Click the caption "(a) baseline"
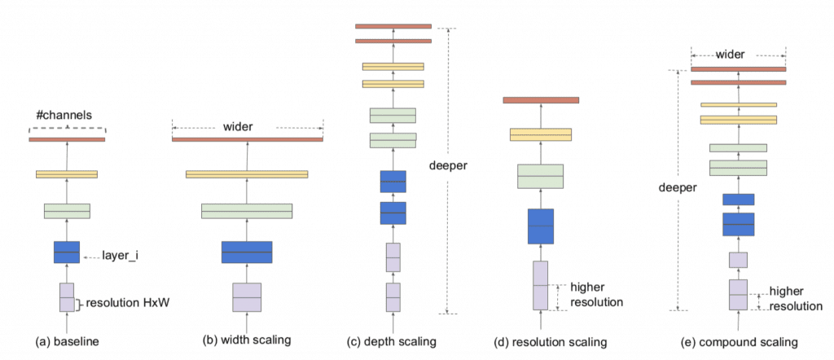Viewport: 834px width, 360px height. pyautogui.click(x=67, y=340)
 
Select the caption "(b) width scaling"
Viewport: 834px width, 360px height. pyautogui.click(x=248, y=340)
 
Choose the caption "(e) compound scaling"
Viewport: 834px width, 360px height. pyautogui.click(x=740, y=342)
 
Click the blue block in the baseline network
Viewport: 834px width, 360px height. pyautogui.click(x=67, y=252)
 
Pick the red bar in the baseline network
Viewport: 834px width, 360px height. pyautogui.click(x=67, y=139)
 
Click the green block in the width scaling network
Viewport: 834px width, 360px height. pyautogui.click(x=248, y=211)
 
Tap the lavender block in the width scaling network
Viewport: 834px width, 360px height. pyautogui.click(x=248, y=297)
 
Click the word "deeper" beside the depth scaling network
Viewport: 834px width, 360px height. pyautogui.click(x=448, y=165)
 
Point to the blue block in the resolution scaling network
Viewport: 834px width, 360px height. pyautogui.click(x=541, y=226)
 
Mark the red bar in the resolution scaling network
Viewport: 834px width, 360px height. pyautogui.click(x=541, y=100)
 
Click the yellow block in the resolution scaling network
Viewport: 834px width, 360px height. pyautogui.click(x=541, y=134)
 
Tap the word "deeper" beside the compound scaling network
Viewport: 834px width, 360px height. pyautogui.click(x=677, y=187)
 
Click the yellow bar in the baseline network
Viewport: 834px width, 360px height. pyautogui.click(x=67, y=173)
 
